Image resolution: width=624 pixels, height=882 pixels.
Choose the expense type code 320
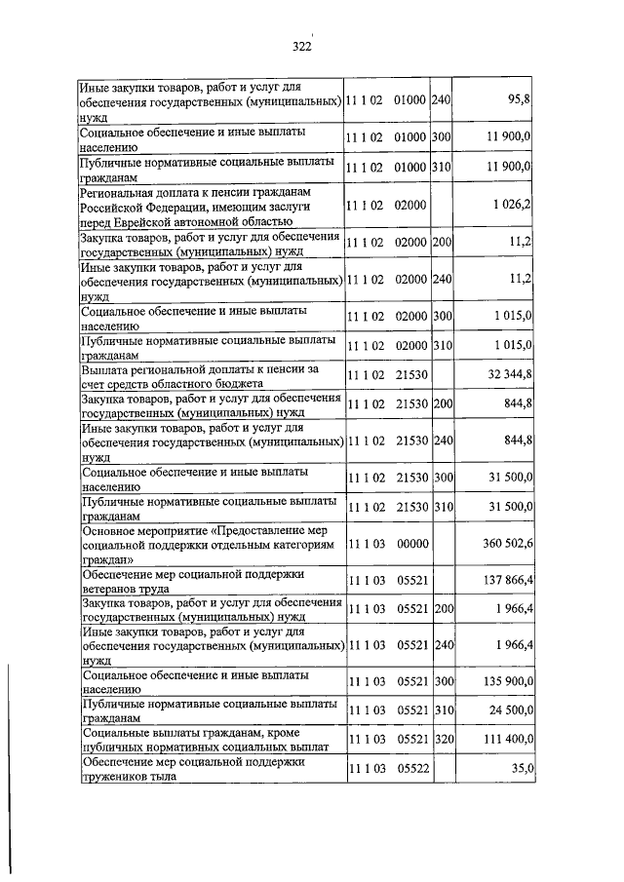(x=443, y=740)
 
